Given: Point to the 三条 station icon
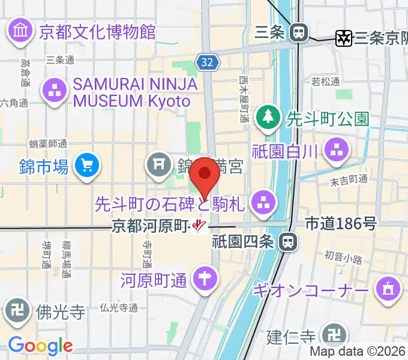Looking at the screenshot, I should (x=298, y=32).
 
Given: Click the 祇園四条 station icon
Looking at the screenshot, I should (x=289, y=242).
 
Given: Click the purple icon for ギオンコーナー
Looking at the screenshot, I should (x=387, y=290).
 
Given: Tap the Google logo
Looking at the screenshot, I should (x=40, y=346).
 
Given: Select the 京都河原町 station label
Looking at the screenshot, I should (x=150, y=226).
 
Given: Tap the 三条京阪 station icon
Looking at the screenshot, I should (x=343, y=38).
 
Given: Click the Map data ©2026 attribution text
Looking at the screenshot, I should (x=358, y=352).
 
